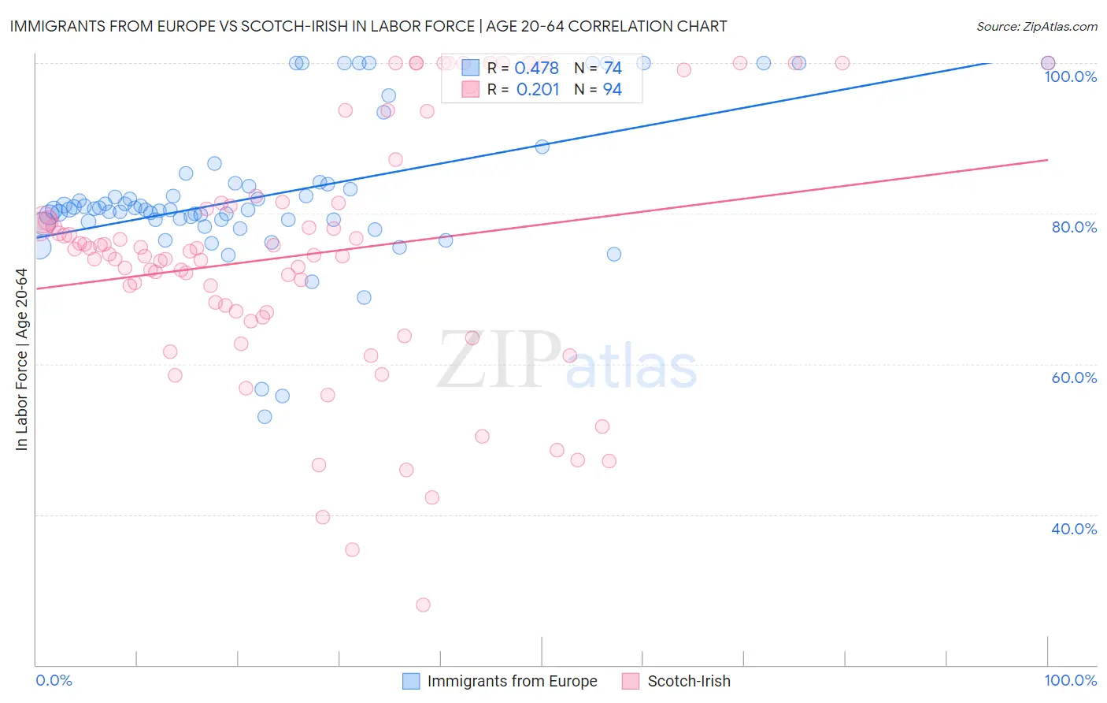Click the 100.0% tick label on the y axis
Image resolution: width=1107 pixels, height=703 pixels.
(1070, 76)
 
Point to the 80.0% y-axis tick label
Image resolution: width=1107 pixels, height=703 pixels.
(1074, 227)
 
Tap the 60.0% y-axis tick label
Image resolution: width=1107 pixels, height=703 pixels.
(1074, 378)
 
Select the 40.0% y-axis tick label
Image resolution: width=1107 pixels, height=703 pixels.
(1074, 529)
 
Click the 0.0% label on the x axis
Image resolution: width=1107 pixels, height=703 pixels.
(54, 680)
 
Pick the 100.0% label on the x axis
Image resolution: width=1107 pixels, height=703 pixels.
(1070, 680)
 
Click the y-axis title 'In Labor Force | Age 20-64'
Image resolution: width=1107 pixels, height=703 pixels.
(21, 359)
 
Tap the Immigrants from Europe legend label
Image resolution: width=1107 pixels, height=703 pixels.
(512, 681)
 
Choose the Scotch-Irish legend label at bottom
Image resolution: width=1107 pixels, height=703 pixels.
(689, 681)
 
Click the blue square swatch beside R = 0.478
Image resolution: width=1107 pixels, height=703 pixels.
(470, 68)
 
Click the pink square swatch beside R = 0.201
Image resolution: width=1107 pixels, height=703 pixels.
(470, 89)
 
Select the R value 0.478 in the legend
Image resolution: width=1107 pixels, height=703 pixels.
(536, 68)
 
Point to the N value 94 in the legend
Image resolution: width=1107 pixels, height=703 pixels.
(612, 89)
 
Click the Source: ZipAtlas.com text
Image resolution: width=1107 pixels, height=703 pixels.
(1036, 27)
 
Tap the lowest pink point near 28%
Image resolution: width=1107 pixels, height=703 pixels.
(423, 604)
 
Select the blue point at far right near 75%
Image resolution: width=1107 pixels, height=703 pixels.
(614, 254)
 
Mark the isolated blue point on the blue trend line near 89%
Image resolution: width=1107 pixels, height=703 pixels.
(542, 147)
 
